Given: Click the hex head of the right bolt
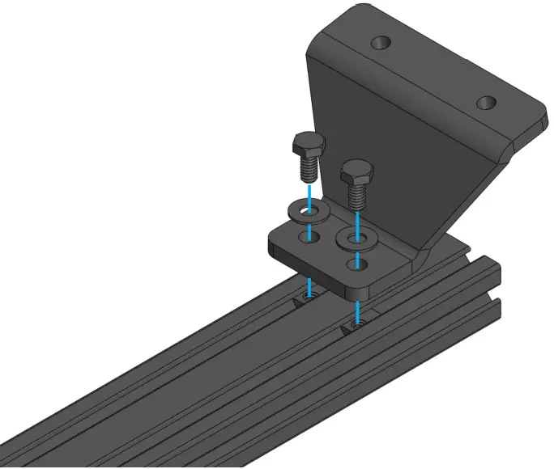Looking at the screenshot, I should pyautogui.click(x=356, y=171).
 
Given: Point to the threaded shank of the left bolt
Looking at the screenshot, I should pyautogui.click(x=308, y=169).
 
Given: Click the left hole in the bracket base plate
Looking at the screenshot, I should pyautogui.click(x=307, y=235).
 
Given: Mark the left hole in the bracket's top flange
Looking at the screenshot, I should pyautogui.click(x=380, y=40).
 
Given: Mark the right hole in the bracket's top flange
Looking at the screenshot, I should pyautogui.click(x=485, y=103).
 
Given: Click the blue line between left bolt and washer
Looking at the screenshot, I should pyautogui.click(x=309, y=192).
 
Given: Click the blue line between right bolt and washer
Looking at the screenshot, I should pyautogui.click(x=357, y=218).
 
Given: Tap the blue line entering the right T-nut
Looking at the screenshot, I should pyautogui.click(x=357, y=311).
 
